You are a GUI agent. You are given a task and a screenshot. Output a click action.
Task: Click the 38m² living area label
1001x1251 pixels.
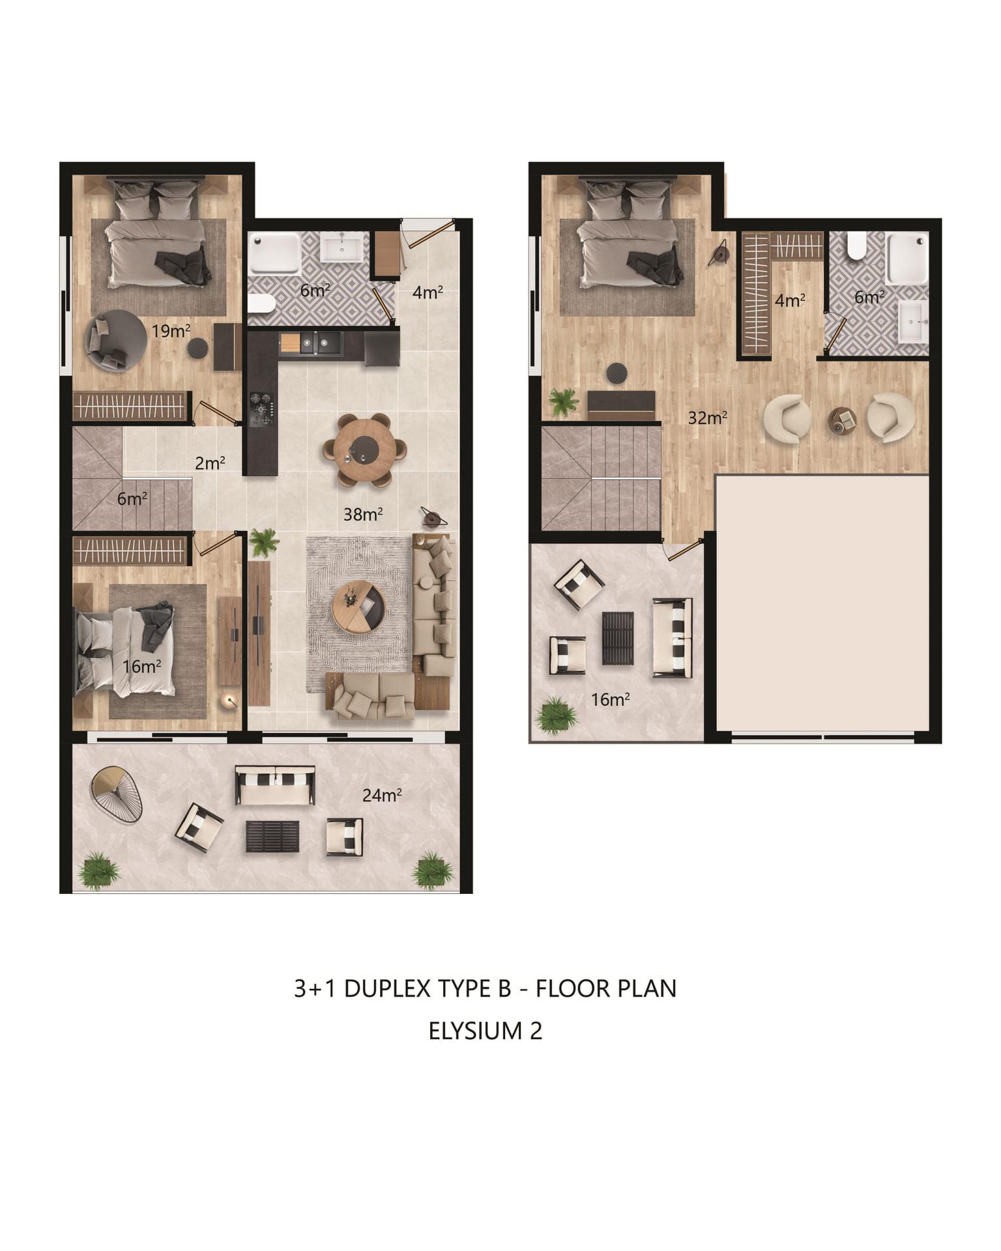pyautogui.click(x=363, y=515)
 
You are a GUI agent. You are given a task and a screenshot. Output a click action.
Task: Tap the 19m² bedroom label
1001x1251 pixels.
pyautogui.click(x=171, y=330)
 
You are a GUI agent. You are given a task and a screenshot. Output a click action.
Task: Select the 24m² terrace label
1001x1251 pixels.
pyautogui.click(x=382, y=795)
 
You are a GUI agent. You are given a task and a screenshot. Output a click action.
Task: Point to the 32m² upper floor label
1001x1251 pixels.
pyautogui.click(x=708, y=418)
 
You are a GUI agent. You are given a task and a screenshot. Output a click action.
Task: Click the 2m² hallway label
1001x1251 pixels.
pyautogui.click(x=210, y=463)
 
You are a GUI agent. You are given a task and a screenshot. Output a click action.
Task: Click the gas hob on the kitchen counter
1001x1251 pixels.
pyautogui.click(x=261, y=409)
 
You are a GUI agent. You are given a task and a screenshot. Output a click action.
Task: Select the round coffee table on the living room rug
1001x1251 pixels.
pyautogui.click(x=358, y=607)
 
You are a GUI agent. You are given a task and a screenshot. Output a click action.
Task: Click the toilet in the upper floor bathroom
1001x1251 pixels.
pyautogui.click(x=856, y=246)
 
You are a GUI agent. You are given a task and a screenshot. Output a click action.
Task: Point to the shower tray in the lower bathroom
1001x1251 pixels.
pyautogui.click(x=275, y=253)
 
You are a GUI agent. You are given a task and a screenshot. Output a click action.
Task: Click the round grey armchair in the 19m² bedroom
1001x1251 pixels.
pyautogui.click(x=115, y=340)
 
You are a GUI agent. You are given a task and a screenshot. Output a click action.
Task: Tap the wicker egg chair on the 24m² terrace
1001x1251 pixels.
pyautogui.click(x=117, y=794)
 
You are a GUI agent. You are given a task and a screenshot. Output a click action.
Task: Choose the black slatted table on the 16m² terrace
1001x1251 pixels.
pyautogui.click(x=617, y=638)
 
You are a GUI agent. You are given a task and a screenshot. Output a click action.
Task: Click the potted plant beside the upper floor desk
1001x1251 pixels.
pyautogui.click(x=564, y=402)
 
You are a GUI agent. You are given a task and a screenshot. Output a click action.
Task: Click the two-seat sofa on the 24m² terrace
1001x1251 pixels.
pyautogui.click(x=275, y=785)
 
